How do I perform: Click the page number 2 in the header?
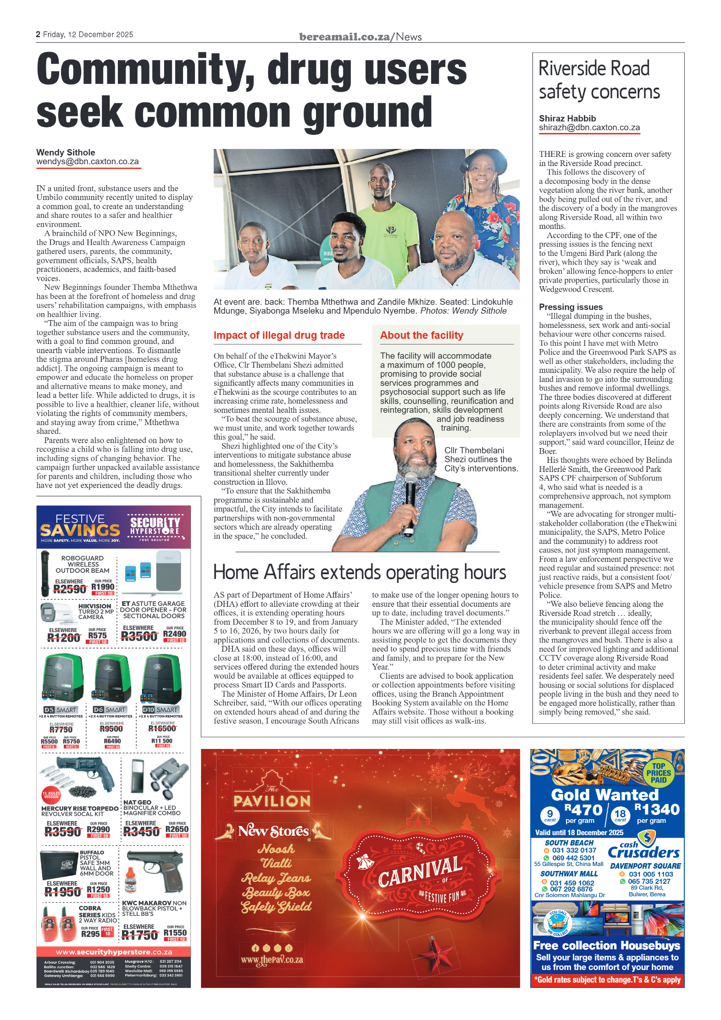click(38, 34)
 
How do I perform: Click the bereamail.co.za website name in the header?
click(344, 37)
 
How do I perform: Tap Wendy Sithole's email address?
click(88, 162)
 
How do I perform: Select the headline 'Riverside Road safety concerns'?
click(599, 80)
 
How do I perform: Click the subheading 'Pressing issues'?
click(571, 307)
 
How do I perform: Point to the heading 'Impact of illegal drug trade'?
click(279, 335)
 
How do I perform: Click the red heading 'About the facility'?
click(422, 335)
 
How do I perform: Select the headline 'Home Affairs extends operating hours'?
click(360, 572)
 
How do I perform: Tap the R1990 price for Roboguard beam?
click(103, 587)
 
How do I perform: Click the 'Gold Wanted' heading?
click(605, 794)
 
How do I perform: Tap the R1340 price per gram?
click(656, 809)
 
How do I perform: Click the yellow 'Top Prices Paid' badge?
click(658, 773)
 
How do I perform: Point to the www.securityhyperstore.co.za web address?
click(114, 952)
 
